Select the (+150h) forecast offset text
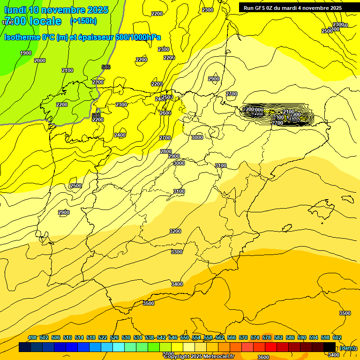[83, 21]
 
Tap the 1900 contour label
[26, 53]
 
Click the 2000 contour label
[40, 60]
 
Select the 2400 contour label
[120, 135]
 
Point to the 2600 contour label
[165, 113]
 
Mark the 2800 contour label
[166, 151]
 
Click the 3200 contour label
[175, 231]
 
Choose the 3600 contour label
[263, 357]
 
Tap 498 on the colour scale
[32, 338]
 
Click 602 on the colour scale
[337, 338]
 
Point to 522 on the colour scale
[103, 338]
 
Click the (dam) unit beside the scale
[347, 348]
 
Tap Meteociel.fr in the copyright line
[219, 357]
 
